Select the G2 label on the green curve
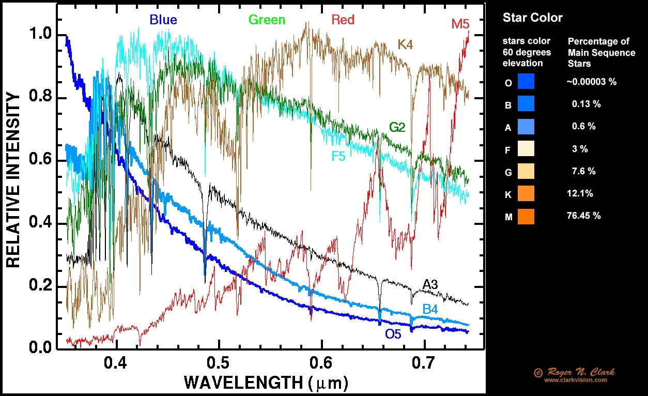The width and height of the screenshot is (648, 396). pyautogui.click(x=399, y=127)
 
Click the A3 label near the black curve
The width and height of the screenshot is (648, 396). pyautogui.click(x=430, y=284)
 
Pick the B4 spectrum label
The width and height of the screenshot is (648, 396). pyautogui.click(x=430, y=309)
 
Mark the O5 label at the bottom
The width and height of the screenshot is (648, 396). pyautogui.click(x=393, y=334)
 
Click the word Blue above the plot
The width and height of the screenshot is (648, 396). pyautogui.click(x=163, y=20)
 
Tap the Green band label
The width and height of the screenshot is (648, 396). pyautogui.click(x=267, y=20)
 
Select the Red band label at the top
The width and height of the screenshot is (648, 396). pyautogui.click(x=343, y=20)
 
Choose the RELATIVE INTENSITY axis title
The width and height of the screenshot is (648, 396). pyautogui.click(x=14, y=180)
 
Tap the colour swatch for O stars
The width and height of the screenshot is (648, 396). pyautogui.click(x=526, y=82)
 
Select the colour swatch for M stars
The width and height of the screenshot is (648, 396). pyautogui.click(x=526, y=216)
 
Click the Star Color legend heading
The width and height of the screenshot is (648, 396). pyautogui.click(x=533, y=18)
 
